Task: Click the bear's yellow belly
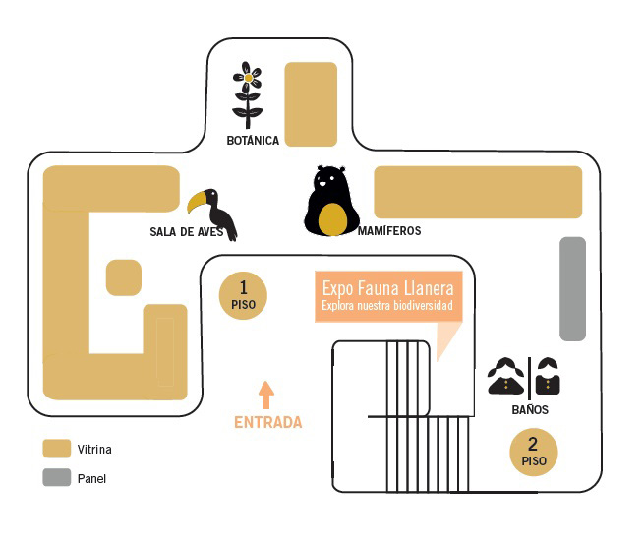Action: coord(334,220)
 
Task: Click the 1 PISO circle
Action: coord(243,294)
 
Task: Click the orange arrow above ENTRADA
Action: coord(266,394)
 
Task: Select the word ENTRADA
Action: coord(267,422)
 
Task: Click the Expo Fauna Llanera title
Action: coord(387,288)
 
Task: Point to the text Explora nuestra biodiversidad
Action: coord(387,306)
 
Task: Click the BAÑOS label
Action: coord(530,410)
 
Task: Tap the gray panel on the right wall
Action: coord(572,288)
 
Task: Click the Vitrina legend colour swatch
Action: coord(56,450)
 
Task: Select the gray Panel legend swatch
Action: coord(56,479)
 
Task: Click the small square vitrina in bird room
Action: coord(124,276)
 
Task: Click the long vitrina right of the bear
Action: coord(478,192)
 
